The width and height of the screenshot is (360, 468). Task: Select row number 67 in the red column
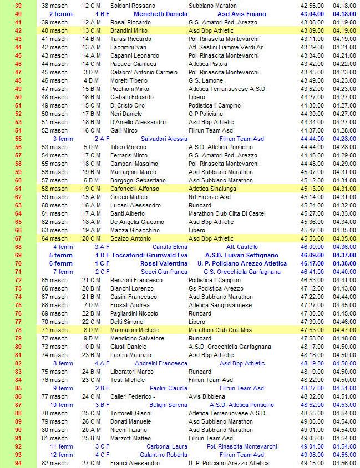pos(18,238)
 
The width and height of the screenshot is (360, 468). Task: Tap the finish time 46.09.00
pos(312,255)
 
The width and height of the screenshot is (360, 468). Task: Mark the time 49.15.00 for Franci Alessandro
pos(312,463)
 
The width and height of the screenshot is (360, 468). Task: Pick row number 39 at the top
pos(18,5)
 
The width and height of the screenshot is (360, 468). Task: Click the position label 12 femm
pos(62,455)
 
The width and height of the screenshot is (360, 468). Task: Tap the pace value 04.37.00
pos(344,255)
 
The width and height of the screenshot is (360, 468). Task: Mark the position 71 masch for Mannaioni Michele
pos(55,330)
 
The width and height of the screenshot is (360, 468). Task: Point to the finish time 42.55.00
pos(312,5)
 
